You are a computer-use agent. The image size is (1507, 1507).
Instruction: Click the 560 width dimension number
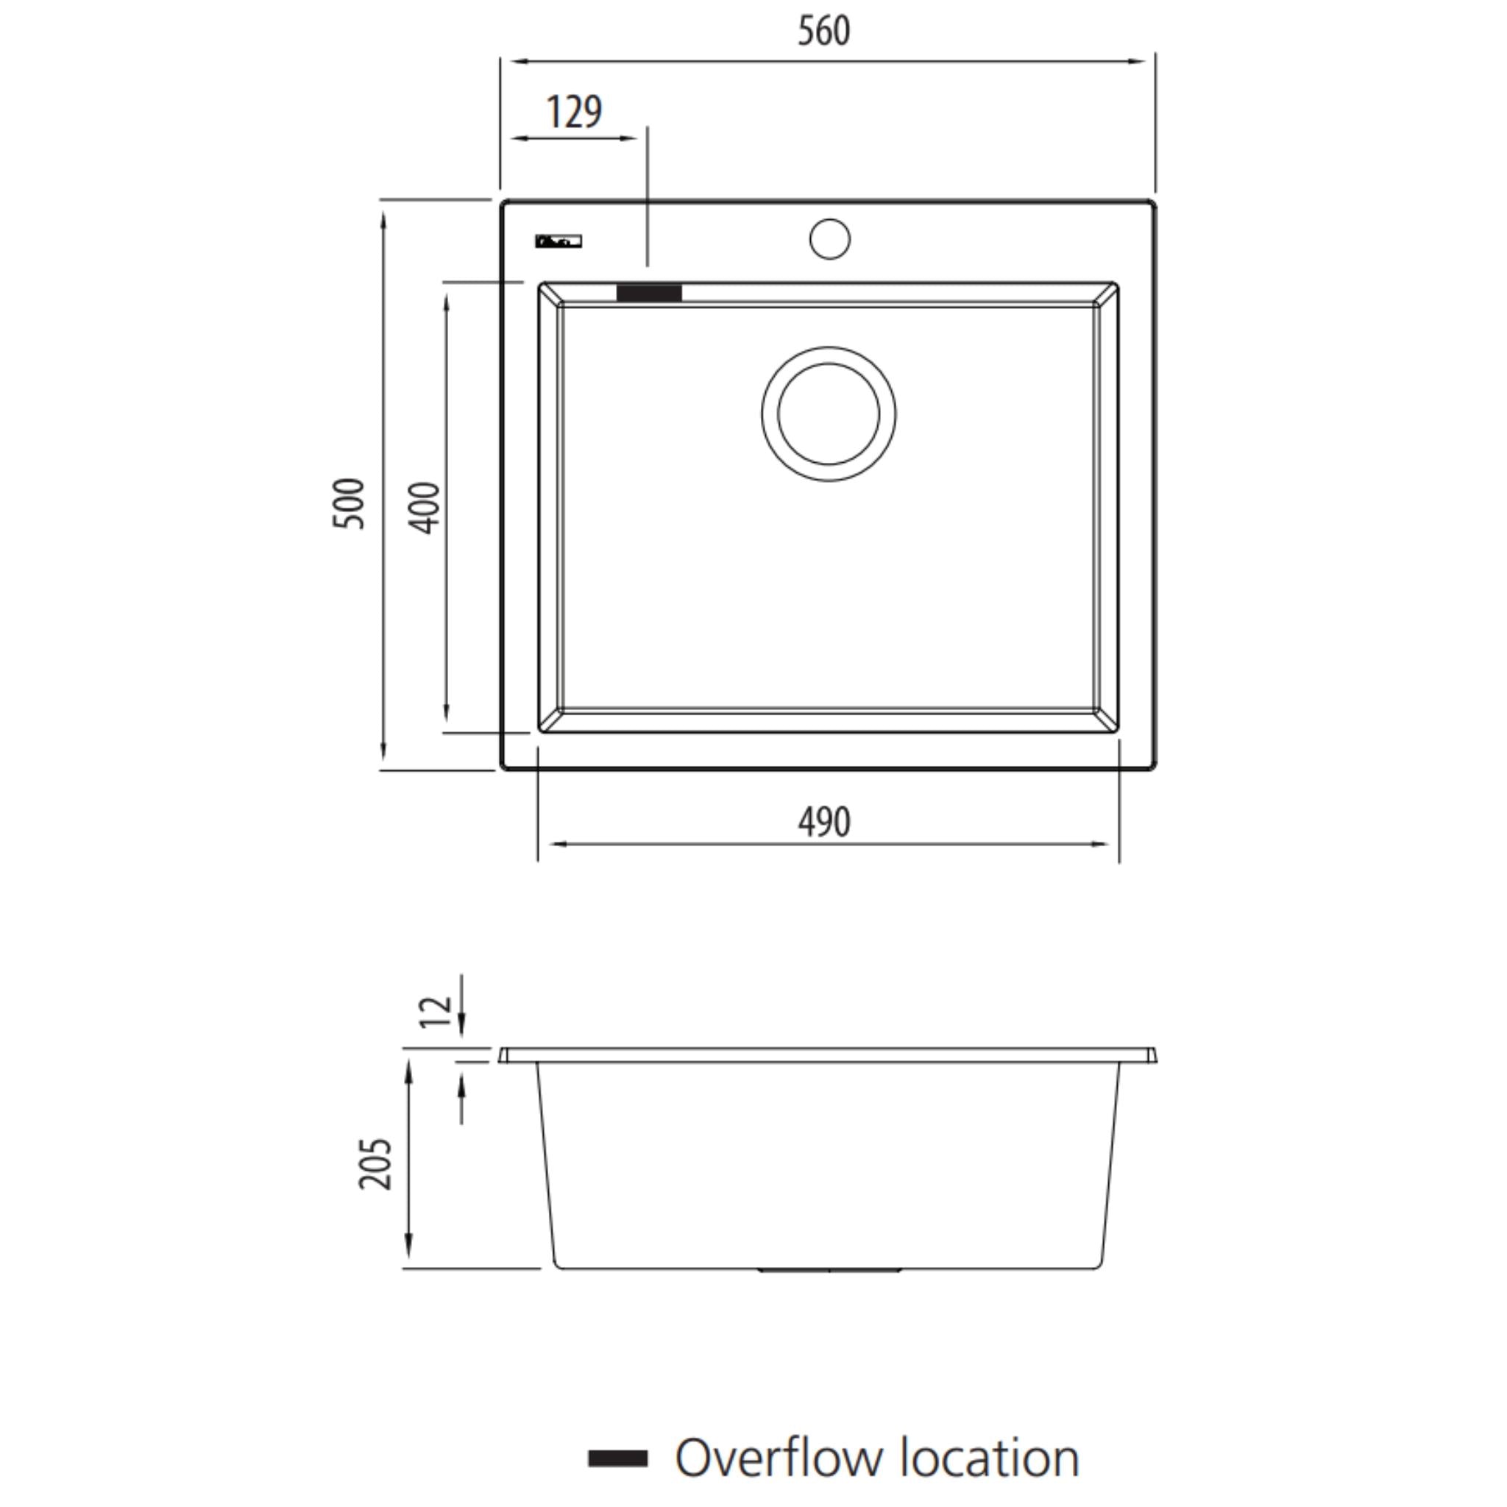pos(823,31)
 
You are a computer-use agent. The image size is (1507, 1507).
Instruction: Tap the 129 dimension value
pos(574,113)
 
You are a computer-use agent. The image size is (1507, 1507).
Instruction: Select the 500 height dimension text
pos(349,504)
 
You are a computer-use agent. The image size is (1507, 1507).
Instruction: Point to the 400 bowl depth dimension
pos(425,508)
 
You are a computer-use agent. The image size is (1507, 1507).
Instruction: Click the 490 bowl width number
pos(823,822)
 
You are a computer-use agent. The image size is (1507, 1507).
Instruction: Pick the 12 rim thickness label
pos(436,1011)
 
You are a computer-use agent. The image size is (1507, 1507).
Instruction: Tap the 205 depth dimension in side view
pos(375,1163)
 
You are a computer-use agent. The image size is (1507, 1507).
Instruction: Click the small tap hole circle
pos(829,238)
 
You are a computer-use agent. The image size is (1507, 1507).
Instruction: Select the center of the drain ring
pos(829,414)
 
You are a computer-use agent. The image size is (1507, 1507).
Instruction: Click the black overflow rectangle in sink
pos(649,294)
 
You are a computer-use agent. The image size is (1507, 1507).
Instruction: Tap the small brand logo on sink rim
pos(559,242)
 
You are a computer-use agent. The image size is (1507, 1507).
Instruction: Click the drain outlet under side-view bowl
pos(829,1271)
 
